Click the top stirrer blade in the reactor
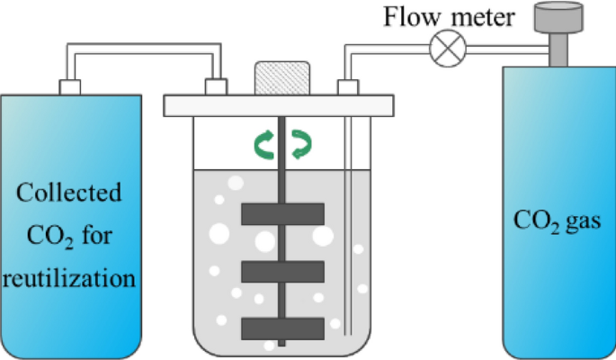point(282,214)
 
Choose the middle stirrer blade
point(282,271)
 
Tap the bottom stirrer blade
point(282,328)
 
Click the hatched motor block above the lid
point(282,76)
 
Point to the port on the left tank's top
point(69,86)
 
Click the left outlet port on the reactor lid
point(216,86)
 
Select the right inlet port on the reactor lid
point(348,86)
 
